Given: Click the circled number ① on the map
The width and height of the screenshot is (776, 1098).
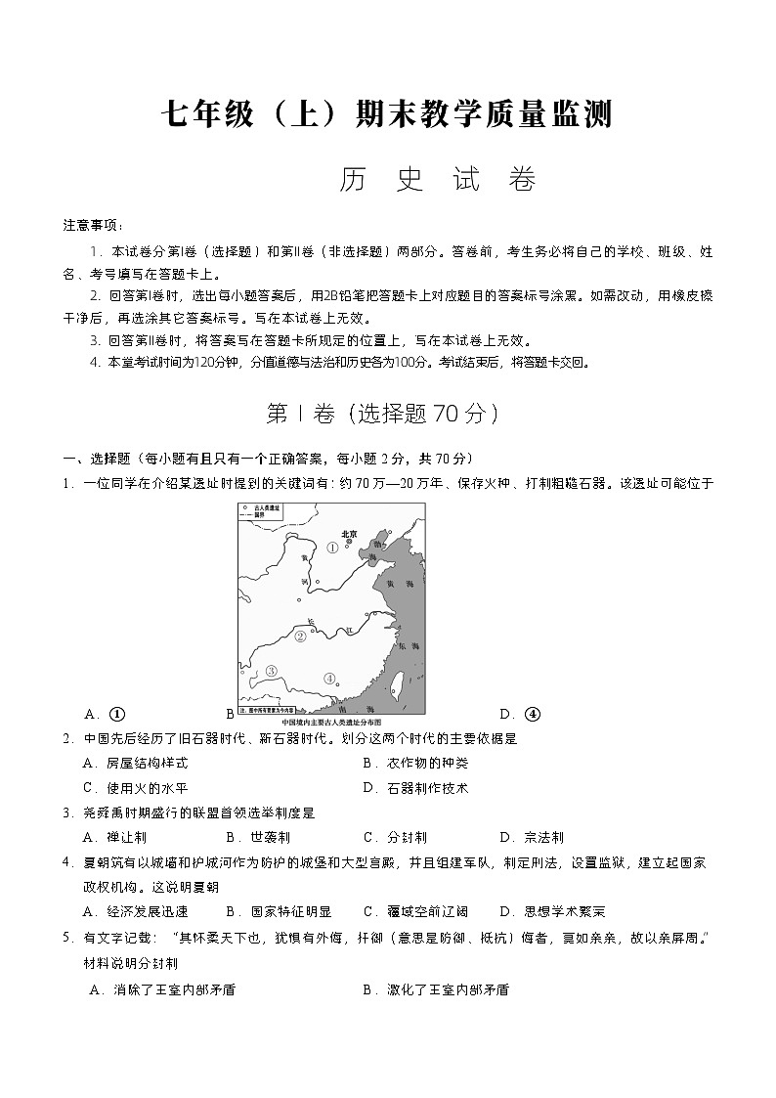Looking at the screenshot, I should pyautogui.click(x=332, y=548).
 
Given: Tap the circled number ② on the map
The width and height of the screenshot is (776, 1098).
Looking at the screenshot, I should pyautogui.click(x=301, y=636).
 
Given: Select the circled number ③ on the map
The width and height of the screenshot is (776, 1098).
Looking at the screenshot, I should pyautogui.click(x=271, y=671).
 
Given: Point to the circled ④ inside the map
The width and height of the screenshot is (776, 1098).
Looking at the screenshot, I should pyautogui.click(x=329, y=679).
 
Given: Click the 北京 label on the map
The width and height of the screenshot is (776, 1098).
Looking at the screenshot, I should pyautogui.click(x=347, y=534).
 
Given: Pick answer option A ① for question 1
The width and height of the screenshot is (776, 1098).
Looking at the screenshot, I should pyautogui.click(x=108, y=714).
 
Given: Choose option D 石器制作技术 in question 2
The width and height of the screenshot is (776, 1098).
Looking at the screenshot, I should pyautogui.click(x=414, y=787).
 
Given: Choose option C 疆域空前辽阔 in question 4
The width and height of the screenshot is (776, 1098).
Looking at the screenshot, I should pyautogui.click(x=415, y=911).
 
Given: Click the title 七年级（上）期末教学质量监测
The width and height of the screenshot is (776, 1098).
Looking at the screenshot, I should pyautogui.click(x=387, y=114).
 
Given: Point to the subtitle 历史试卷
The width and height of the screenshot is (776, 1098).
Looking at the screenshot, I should pyautogui.click(x=438, y=180).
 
